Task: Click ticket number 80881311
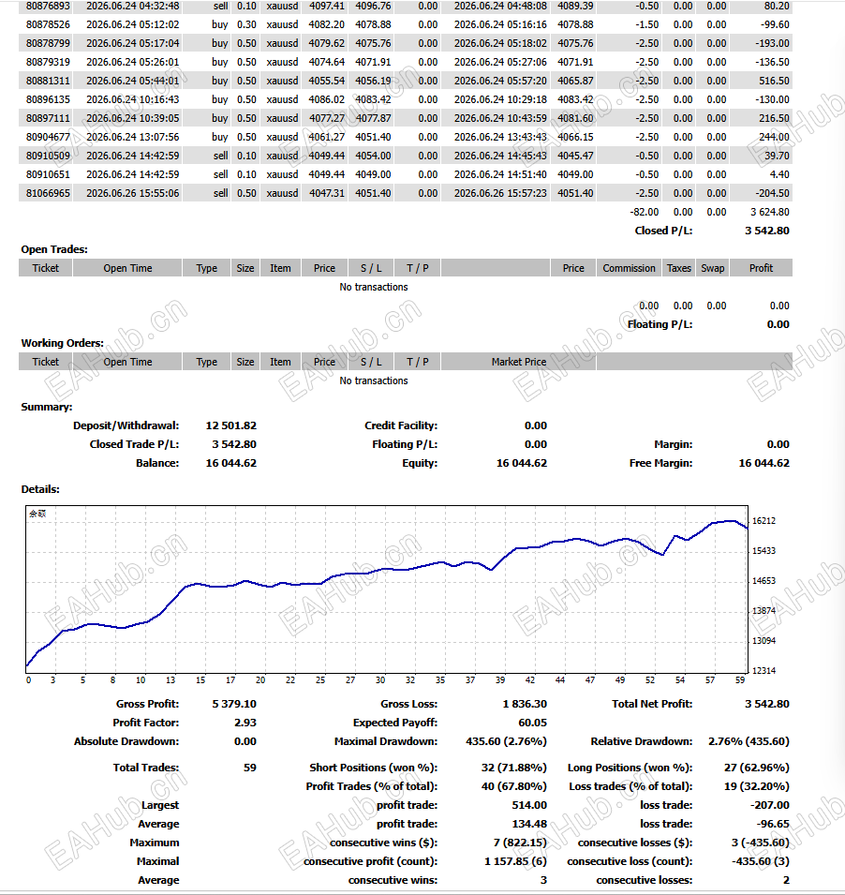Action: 48,81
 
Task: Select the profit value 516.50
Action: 774,81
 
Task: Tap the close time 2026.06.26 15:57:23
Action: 500,193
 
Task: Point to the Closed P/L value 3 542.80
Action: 767,231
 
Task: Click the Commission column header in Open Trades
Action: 629,268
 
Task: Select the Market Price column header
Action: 519,362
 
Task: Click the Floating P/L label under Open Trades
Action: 660,324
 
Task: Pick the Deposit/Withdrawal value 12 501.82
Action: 231,425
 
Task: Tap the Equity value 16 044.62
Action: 522,463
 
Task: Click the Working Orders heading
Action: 62,343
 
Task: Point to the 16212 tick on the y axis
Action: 763,520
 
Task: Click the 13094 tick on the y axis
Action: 763,640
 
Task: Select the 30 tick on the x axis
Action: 380,679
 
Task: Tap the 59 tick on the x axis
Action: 739,679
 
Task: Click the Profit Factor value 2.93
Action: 245,723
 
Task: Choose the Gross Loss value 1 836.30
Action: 525,704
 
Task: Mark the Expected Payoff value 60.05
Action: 532,723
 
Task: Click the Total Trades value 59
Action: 250,768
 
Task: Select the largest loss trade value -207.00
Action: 770,805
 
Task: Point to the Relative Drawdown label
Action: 642,741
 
